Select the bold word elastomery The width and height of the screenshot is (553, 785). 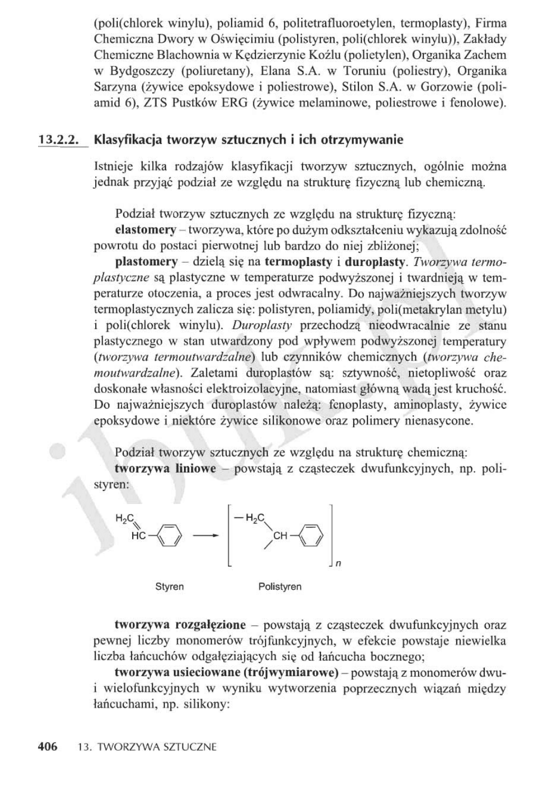click(145, 230)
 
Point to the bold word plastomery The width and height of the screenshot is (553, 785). click(146, 262)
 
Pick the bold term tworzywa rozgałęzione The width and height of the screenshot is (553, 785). click(180, 625)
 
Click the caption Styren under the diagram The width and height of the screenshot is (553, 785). click(170, 587)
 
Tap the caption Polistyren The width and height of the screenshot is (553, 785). click(280, 587)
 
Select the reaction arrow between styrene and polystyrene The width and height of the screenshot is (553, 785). click(206, 536)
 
